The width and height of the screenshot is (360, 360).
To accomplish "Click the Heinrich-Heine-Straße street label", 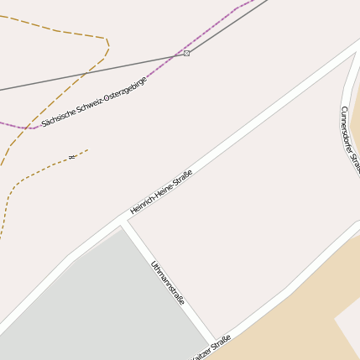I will click(x=161, y=191).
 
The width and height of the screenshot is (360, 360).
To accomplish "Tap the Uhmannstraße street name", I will click(x=168, y=283).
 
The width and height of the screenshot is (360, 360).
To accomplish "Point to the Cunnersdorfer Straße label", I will click(x=351, y=139).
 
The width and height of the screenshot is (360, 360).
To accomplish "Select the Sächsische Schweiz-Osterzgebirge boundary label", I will click(x=94, y=102).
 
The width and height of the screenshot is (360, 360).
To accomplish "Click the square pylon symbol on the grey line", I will click(x=186, y=53).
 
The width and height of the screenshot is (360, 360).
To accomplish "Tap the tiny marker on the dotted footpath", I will click(x=73, y=155).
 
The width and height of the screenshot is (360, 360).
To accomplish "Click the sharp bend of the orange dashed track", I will click(x=107, y=40).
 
